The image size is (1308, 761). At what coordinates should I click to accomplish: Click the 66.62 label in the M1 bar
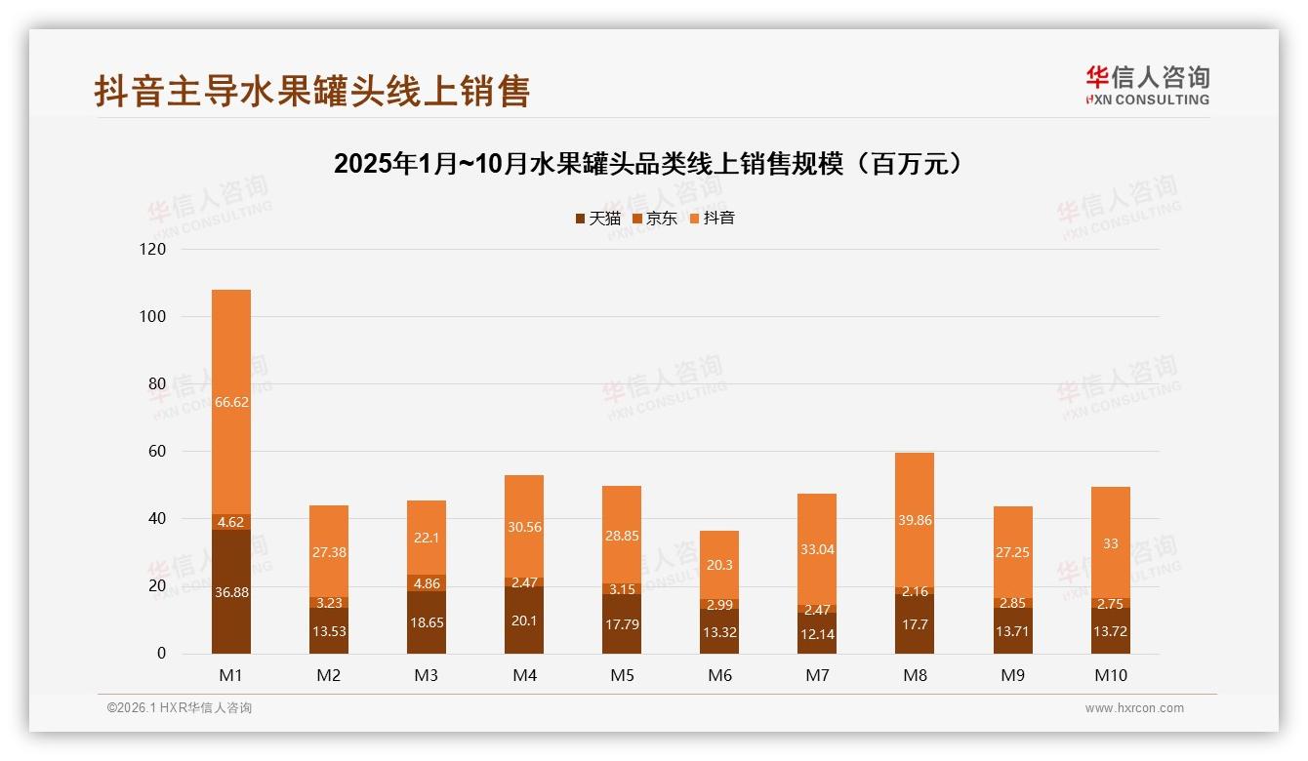pos(231,402)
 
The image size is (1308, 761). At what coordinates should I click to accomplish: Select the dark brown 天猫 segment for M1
pos(231,590)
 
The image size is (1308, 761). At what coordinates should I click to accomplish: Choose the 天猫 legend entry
pos(597,219)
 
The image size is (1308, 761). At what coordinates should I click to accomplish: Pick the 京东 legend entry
pos(655,219)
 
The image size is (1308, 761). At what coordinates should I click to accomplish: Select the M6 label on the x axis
pos(719,675)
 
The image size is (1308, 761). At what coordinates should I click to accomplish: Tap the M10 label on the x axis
pos(1110,675)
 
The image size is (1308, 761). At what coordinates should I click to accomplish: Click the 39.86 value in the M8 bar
pos(915,521)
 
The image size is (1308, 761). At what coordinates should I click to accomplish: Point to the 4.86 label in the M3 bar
pos(427,583)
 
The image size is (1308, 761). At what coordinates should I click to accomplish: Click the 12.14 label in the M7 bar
pos(817,632)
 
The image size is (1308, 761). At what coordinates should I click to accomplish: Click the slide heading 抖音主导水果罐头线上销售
pos(312,91)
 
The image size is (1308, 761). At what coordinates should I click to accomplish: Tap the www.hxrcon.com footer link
pos(1134,708)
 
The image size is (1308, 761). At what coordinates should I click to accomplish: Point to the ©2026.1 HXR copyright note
pos(180,708)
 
